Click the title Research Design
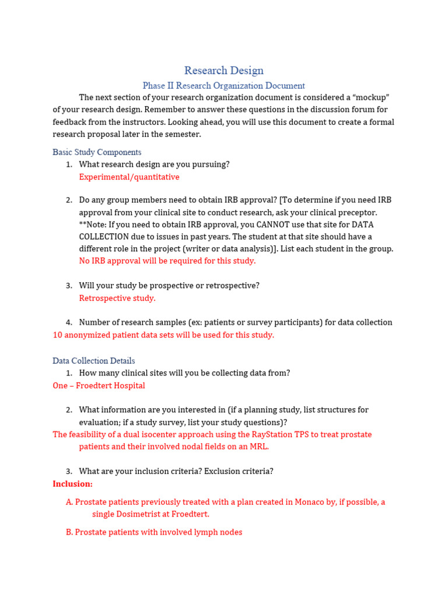[224, 71]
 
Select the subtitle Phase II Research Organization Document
[224, 86]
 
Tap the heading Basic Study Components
[97, 152]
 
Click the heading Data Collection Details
[93, 361]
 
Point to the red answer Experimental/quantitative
[129, 177]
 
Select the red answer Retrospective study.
[117, 298]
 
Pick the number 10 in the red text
[58, 335]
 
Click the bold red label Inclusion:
[72, 484]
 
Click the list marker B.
[69, 532]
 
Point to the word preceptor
[358, 212]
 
